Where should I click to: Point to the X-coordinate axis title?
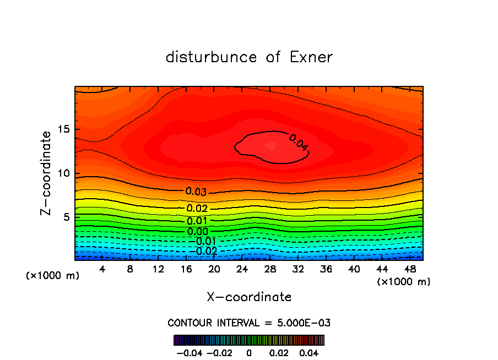point(249,297)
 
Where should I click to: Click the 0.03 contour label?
point(196,192)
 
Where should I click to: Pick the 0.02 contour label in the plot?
point(197,208)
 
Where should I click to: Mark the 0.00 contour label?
point(198,232)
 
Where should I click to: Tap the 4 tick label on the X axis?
point(102,269)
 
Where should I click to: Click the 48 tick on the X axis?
point(410,269)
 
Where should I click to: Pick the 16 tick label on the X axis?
point(186,269)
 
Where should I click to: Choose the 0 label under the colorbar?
point(249,352)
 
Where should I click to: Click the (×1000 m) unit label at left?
point(53,276)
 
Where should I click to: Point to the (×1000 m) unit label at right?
point(404,282)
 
